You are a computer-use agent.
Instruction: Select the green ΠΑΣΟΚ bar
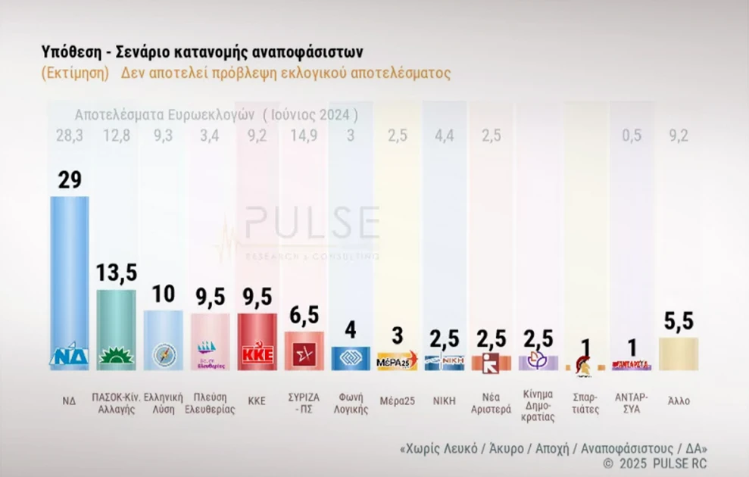click(x=117, y=326)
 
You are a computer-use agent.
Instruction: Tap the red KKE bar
click(x=257, y=337)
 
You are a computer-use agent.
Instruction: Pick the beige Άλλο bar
click(x=679, y=354)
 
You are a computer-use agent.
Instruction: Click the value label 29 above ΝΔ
click(x=69, y=180)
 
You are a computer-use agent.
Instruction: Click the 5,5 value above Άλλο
click(x=679, y=322)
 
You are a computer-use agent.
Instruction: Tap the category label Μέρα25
click(x=397, y=401)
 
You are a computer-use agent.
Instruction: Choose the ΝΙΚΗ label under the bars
click(x=444, y=401)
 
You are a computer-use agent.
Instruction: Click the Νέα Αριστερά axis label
click(x=491, y=401)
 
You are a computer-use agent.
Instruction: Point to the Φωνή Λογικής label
click(x=351, y=401)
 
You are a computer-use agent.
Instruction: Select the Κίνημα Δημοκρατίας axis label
click(x=538, y=406)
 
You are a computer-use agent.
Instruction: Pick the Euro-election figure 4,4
click(x=444, y=135)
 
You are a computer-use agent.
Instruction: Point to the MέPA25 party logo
click(x=397, y=361)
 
